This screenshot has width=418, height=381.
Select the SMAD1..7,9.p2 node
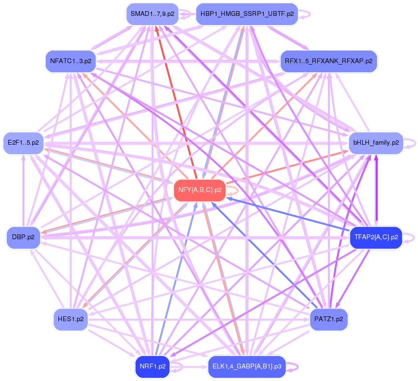click(152, 14)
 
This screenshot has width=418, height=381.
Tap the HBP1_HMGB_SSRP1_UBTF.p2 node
click(247, 14)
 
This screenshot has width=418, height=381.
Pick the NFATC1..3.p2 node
click(70, 61)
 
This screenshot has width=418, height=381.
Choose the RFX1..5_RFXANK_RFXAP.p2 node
click(328, 61)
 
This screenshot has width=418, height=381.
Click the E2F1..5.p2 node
click(23, 143)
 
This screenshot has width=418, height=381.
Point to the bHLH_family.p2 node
click(376, 143)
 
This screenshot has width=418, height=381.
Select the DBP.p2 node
click(23, 237)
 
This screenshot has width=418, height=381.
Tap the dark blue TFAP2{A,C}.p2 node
click(376, 237)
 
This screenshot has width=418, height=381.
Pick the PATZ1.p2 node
click(328, 319)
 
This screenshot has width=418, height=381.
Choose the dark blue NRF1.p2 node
click(152, 367)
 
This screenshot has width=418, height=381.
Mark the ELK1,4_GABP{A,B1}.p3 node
click(247, 367)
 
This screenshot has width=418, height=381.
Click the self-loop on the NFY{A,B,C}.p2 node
click(233, 190)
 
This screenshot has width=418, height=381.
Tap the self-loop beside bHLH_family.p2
click(410, 143)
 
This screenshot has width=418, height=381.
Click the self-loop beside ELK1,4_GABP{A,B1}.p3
click(293, 367)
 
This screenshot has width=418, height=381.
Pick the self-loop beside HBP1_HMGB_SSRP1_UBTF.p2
click(305, 14)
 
